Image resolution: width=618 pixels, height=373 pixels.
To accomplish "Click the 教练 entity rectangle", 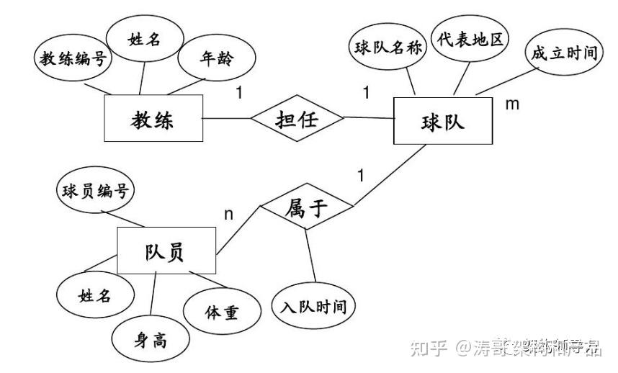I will click(153, 120).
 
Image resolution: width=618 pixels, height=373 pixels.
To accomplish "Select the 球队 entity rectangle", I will click(442, 122).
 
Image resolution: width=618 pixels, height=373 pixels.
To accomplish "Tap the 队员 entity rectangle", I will click(166, 250).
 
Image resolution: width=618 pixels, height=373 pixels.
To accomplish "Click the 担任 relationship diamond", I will click(297, 119).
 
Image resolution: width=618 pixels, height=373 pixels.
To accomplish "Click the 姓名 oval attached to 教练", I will click(144, 39).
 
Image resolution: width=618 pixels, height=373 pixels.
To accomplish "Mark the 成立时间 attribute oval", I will click(565, 53).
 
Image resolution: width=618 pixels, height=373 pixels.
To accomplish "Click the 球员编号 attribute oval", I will click(94, 191).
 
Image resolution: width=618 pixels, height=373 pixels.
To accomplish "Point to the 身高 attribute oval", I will click(151, 338).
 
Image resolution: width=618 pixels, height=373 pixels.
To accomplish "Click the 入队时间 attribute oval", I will click(314, 307).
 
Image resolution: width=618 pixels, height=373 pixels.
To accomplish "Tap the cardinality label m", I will click(512, 104).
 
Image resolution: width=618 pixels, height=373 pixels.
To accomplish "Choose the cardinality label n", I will click(229, 214).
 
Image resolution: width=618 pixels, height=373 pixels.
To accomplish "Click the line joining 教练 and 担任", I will click(226, 119).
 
